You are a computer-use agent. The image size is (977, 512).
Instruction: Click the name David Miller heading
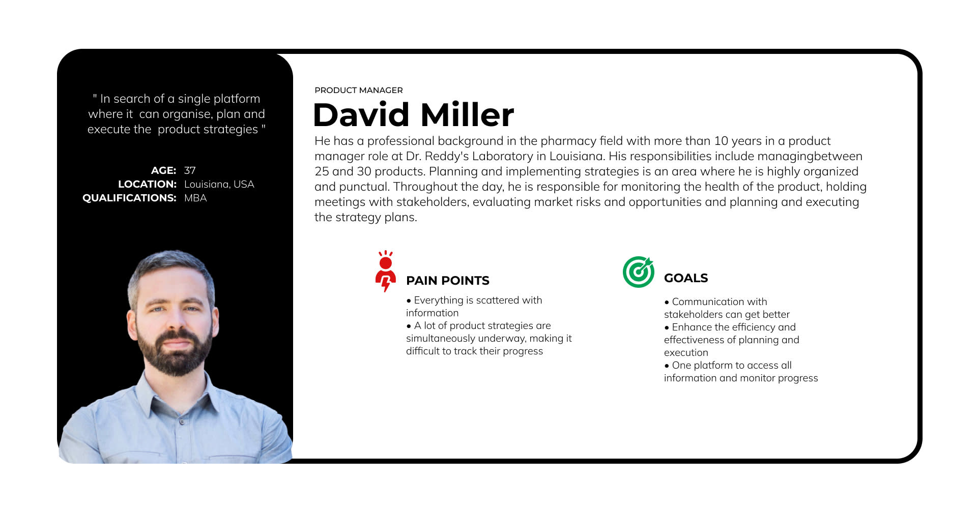coord(413,114)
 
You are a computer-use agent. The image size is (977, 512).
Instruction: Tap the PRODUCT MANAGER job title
coord(359,90)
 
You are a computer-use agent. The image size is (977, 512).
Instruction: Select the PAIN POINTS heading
coord(448,280)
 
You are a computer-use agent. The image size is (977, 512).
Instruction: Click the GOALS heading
coord(686,278)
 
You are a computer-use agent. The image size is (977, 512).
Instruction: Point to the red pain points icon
coord(386,271)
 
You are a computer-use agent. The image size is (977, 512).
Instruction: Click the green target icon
coord(638,272)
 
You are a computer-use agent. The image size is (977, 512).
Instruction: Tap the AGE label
coord(163,170)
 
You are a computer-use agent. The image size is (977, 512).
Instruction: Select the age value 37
coord(190,170)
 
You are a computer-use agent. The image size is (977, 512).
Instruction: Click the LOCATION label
coord(147,184)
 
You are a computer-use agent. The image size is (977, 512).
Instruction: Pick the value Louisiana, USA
coord(219,184)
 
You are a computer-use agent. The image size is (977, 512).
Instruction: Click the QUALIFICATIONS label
coord(129,198)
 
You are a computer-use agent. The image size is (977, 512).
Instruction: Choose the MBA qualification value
coord(195,198)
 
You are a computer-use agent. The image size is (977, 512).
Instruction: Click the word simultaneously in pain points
coord(441,339)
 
